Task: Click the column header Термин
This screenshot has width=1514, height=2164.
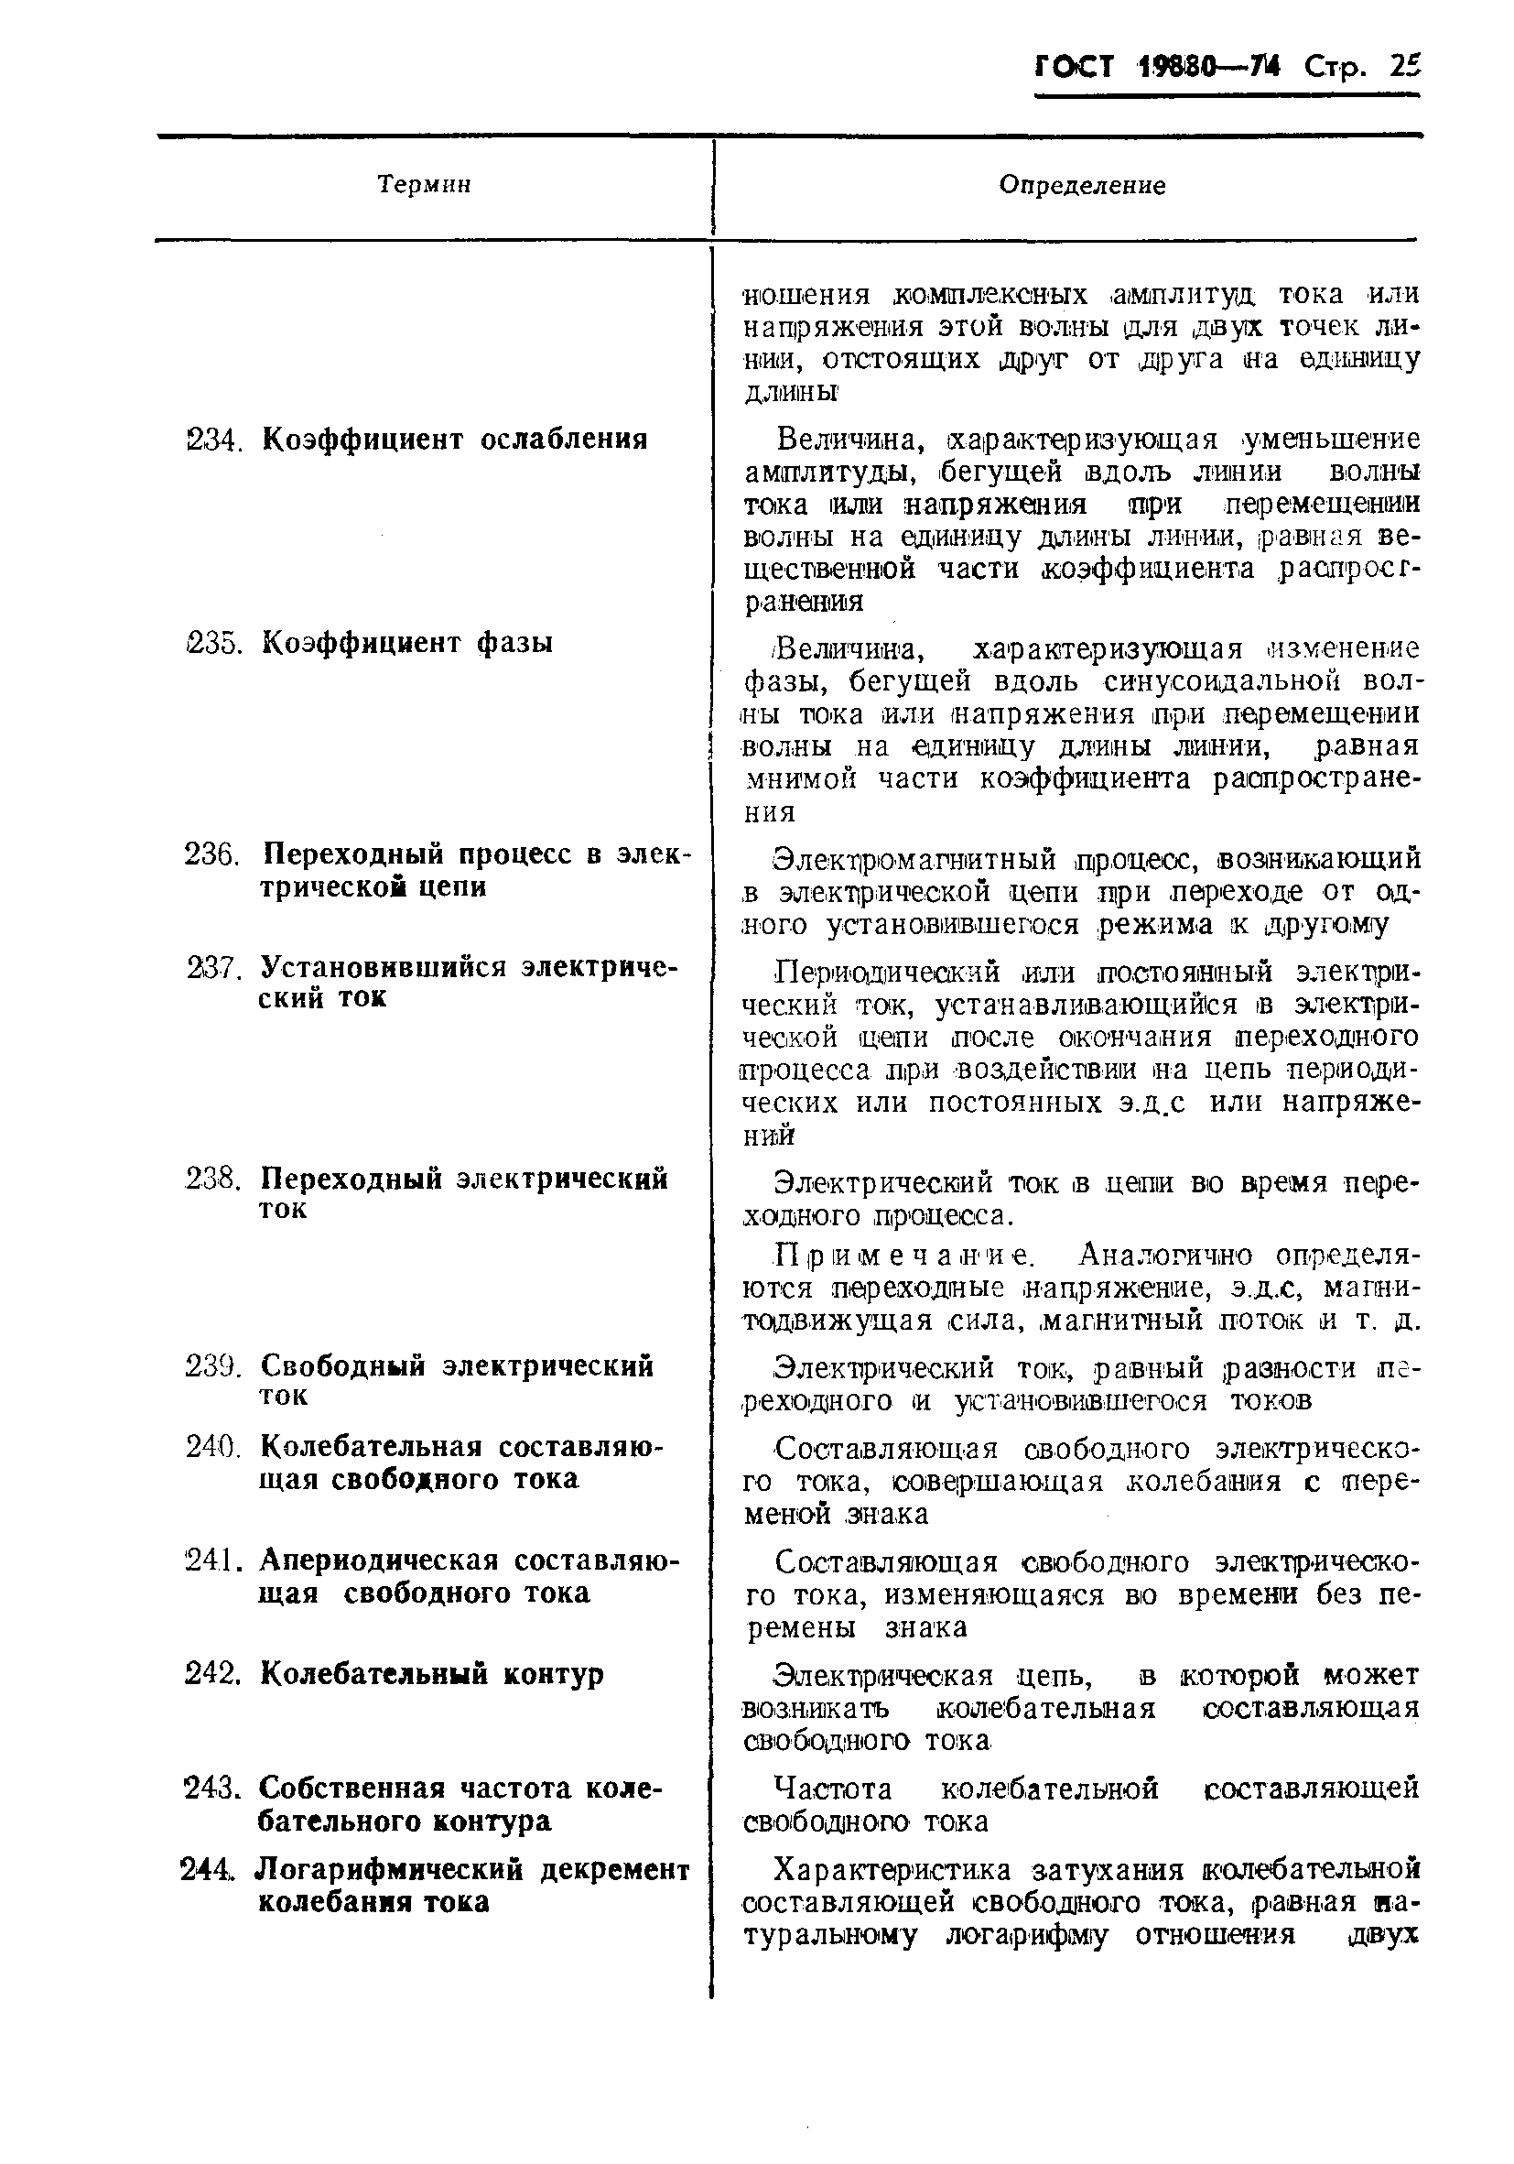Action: (424, 185)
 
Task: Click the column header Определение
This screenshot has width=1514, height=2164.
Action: (1082, 186)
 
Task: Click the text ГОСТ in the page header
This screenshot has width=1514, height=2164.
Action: (1075, 67)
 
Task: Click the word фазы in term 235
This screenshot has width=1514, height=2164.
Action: (514, 643)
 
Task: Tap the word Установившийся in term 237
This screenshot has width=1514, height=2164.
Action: (383, 967)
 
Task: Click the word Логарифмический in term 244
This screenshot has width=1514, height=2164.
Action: (391, 1869)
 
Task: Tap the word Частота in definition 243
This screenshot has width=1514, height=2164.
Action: (832, 1788)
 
